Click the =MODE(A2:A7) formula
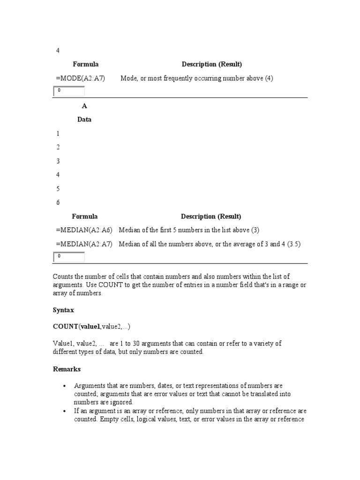[x=80, y=78]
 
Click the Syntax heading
[x=63, y=310]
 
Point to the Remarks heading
[x=67, y=369]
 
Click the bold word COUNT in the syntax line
[x=65, y=327]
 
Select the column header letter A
[x=84, y=106]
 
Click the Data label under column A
[x=84, y=120]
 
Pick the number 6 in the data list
[x=58, y=202]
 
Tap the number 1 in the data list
[x=58, y=134]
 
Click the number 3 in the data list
[x=58, y=161]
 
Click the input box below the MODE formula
[x=69, y=91]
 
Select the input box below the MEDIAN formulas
[x=69, y=257]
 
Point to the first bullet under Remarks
[x=64, y=386]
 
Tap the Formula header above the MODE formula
[x=86, y=64]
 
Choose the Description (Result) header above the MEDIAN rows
[x=211, y=217]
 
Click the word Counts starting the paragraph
[x=63, y=277]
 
